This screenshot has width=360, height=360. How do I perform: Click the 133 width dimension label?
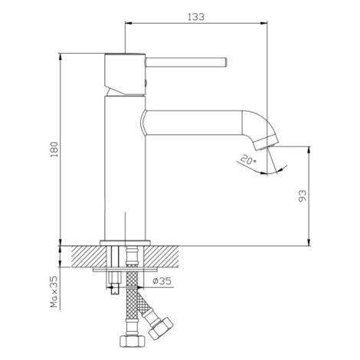(196, 17)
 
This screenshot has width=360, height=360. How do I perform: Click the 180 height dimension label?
(54, 149)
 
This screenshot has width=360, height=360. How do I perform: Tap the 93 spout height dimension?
(303, 196)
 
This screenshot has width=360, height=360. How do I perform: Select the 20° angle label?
(248, 160)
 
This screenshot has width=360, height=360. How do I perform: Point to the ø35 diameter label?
(162, 281)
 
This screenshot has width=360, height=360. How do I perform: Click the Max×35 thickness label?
(54, 292)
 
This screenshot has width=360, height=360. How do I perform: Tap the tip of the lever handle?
(226, 63)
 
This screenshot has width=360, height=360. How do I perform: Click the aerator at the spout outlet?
(266, 142)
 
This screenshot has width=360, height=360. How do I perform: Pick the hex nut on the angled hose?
(161, 329)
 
